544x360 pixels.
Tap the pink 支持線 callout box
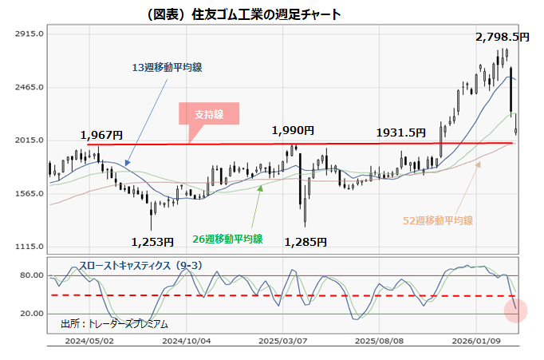click(x=211, y=115)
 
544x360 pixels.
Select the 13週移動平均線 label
click(x=167, y=68)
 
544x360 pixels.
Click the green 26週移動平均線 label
click(x=229, y=239)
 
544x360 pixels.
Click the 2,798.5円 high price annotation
click(x=503, y=37)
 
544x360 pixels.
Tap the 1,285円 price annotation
click(x=306, y=241)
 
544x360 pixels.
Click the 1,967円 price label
click(x=101, y=135)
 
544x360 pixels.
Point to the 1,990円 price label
click(x=293, y=130)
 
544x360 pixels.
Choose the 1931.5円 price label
click(x=400, y=133)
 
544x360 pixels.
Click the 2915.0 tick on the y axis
click(x=28, y=34)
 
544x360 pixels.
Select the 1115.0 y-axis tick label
click(x=28, y=247)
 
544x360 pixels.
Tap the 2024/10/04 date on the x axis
click(x=186, y=338)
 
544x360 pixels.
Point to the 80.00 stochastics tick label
click(x=30, y=275)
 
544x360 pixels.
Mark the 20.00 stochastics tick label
click(x=30, y=314)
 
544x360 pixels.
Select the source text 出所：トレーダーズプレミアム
click(x=114, y=324)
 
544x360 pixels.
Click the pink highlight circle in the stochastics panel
click(x=515, y=308)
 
